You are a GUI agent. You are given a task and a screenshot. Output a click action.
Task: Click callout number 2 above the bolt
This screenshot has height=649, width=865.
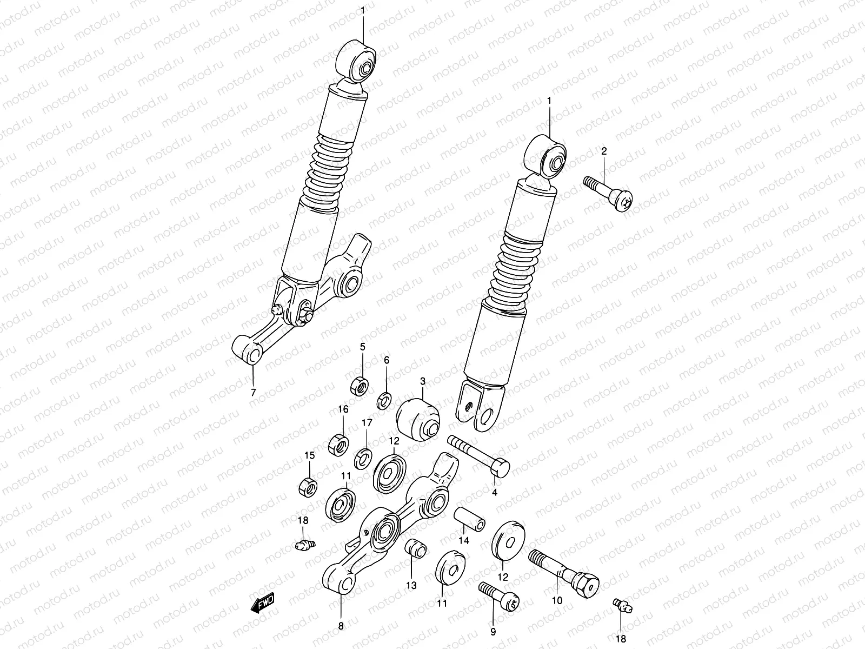click(x=604, y=151)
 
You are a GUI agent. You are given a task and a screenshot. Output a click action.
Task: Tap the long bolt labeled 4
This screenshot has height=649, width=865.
click(x=478, y=456)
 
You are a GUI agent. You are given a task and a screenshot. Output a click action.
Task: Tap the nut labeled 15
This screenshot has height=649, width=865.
click(x=307, y=486)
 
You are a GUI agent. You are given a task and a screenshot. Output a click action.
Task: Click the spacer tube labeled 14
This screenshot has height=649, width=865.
click(x=469, y=519)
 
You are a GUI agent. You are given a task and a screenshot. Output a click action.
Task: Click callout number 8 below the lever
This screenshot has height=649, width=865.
click(x=341, y=627)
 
